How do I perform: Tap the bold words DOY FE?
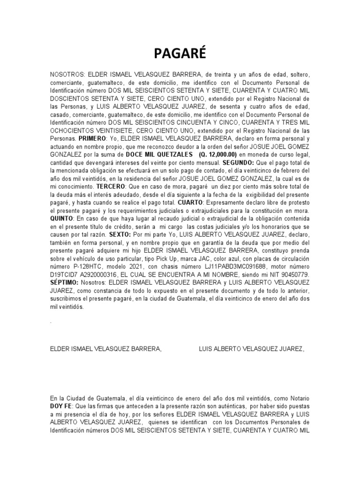(62, 405)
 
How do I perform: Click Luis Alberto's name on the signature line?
(251, 348)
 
